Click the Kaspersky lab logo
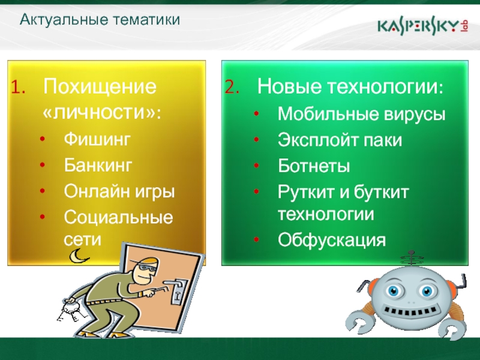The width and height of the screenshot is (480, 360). pyautogui.click(x=423, y=27)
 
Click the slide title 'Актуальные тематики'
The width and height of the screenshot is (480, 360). pyautogui.click(x=100, y=20)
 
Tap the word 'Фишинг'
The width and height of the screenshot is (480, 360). pyautogui.click(x=97, y=140)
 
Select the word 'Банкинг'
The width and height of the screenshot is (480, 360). pyautogui.click(x=98, y=165)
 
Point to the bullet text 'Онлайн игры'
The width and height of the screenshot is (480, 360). pyautogui.click(x=119, y=192)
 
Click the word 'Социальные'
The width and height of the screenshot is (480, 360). pyautogui.click(x=118, y=217)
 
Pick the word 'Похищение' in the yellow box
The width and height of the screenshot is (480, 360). pyautogui.click(x=100, y=87)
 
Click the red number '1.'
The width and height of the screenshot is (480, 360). pyautogui.click(x=19, y=87)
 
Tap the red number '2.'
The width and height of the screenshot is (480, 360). pyautogui.click(x=232, y=87)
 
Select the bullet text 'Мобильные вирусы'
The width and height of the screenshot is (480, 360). pyautogui.click(x=361, y=114)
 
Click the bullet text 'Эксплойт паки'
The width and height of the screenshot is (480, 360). pyautogui.click(x=340, y=140)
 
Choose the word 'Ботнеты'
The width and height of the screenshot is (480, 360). pyautogui.click(x=314, y=166)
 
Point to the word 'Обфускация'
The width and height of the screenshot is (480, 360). pyautogui.click(x=332, y=239)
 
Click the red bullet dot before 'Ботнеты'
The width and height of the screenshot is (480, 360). pyautogui.click(x=257, y=166)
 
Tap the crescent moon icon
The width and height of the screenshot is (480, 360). pyautogui.click(x=78, y=256)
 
